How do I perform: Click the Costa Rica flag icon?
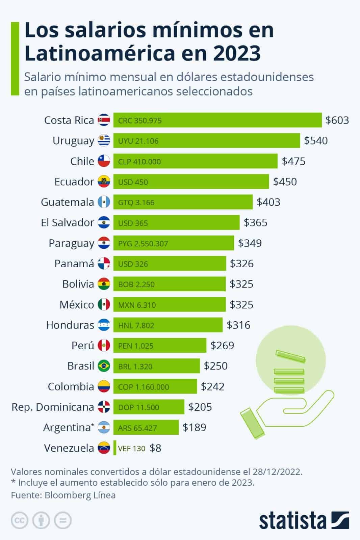coord(104,120)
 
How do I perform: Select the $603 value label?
coord(337,120)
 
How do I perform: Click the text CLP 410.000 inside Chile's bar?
coord(139,162)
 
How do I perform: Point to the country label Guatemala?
coord(67,202)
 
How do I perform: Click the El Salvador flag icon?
coord(104,223)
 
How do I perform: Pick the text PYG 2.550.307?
coord(143,244)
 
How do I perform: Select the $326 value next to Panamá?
coord(241,264)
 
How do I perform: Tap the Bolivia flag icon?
coord(104,284)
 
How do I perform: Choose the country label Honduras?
coord(70,325)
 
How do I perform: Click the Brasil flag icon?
coord(104,366)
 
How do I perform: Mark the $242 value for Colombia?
coord(212,386)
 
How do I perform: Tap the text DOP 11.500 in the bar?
coord(138,407)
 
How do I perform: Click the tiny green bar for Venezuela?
coord(115,448)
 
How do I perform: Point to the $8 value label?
coord(155,448)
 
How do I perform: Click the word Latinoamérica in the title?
coord(99,53)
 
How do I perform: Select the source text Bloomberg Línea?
coord(80,495)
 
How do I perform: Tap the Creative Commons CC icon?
coord(20,520)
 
